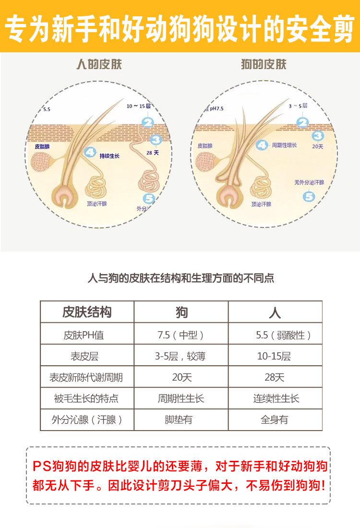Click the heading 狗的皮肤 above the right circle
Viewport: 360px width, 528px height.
click(263, 65)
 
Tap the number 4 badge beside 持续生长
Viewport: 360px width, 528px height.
click(90, 153)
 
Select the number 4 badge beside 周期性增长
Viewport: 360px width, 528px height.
click(262, 144)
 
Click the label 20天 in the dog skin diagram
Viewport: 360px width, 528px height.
click(317, 146)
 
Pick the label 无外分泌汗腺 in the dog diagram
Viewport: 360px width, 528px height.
click(309, 182)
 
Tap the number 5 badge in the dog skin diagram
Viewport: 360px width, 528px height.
click(310, 196)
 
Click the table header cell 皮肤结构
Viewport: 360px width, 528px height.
click(87, 312)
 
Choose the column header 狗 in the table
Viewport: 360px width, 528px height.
click(181, 313)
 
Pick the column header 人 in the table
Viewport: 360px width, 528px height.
click(275, 313)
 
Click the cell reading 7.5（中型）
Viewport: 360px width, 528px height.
click(181, 335)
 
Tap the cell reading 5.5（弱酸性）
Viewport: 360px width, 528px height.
click(283, 335)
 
